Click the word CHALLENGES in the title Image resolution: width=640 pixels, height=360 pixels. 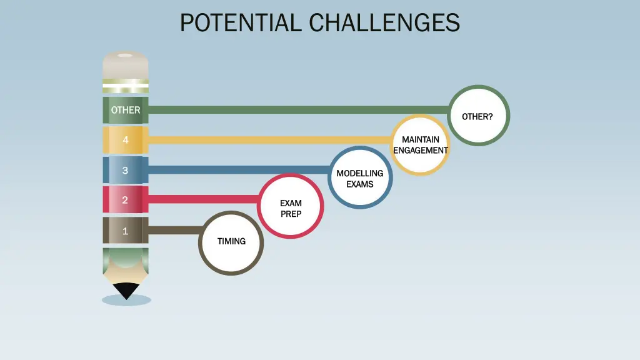tap(384, 23)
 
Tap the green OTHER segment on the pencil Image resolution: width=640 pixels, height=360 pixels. tap(126, 110)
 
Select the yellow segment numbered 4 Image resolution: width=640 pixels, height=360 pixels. tap(126, 140)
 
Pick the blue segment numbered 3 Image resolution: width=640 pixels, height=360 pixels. tap(126, 170)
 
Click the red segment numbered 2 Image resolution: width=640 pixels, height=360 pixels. tap(126, 200)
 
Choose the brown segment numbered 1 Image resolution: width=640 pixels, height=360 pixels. tap(126, 231)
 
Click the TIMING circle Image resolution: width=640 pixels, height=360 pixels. tap(231, 242)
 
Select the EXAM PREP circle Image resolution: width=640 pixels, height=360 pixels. tap(291, 206)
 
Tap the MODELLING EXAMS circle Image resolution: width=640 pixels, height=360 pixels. tap(360, 177)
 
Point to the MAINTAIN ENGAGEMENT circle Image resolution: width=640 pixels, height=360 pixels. tap(421, 144)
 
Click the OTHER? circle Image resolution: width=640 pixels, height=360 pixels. tap(479, 116)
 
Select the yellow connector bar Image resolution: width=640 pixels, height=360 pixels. tap(269, 140)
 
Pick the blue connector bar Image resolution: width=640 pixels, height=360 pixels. tap(237, 170)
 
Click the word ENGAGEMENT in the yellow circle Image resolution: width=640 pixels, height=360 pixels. tap(421, 150)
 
